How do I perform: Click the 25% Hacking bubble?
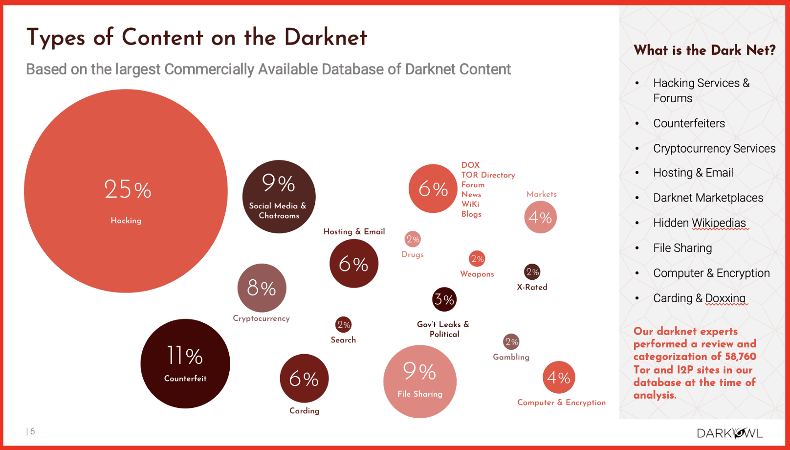pos(126,191)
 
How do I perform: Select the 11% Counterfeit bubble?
pos(185,363)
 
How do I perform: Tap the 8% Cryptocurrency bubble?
pos(262,288)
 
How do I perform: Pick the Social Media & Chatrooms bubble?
pos(279,197)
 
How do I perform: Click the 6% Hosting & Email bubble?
pos(353,264)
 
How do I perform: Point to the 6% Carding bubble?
pos(304,379)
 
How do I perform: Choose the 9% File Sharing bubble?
pos(419,382)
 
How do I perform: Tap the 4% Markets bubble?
pos(540,217)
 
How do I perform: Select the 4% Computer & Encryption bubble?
pos(558,377)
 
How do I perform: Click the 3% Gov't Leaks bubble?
pos(444,299)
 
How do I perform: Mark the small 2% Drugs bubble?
pos(413,239)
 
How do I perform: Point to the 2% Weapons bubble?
pos(477,259)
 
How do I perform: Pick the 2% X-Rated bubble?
pos(532,272)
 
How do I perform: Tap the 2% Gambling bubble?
pos(511,342)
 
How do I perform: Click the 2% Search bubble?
pos(344,324)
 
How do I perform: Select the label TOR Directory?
pos(488,175)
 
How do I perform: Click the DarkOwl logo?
pos(729,433)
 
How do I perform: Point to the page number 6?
pos(32,431)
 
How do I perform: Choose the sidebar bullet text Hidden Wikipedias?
pos(700,223)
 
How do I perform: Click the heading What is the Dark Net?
pos(704,50)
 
